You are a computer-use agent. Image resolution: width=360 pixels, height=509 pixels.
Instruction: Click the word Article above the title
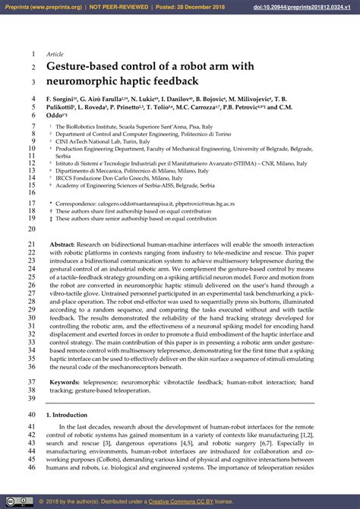[55, 55]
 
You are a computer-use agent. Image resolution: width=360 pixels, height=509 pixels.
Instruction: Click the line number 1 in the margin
[33, 55]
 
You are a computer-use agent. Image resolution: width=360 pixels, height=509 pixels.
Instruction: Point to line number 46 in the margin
[31, 467]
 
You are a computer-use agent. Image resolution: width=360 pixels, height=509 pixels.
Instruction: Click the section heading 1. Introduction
[70, 415]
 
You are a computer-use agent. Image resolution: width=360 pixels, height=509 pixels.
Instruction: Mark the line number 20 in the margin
[31, 227]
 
